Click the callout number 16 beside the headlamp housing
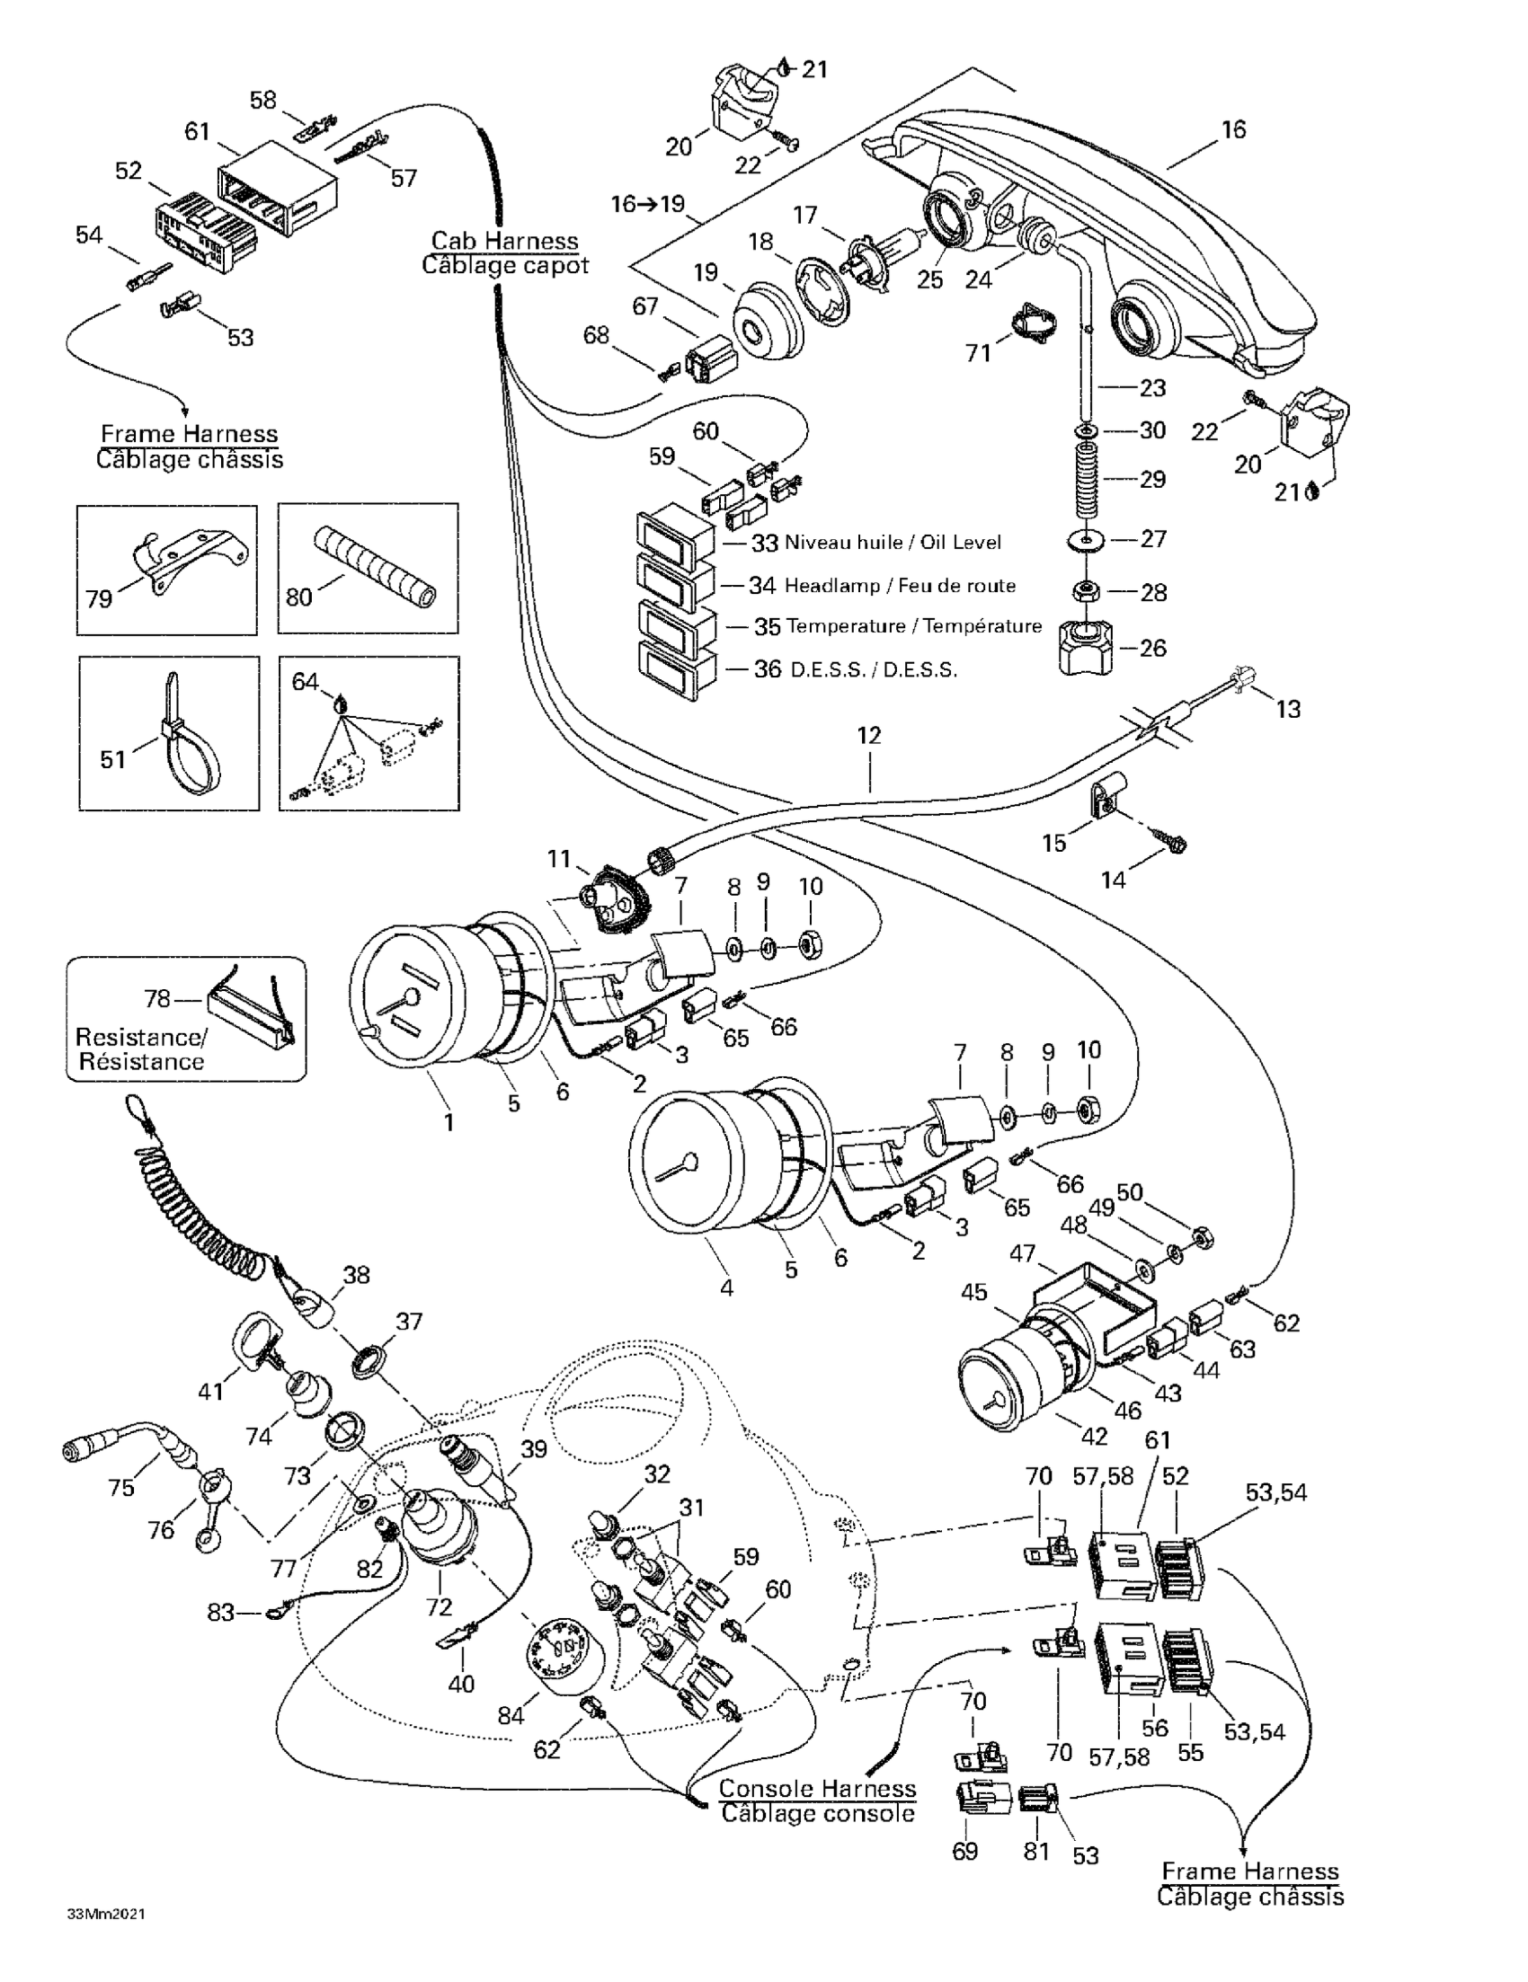click(1233, 129)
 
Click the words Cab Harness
click(504, 241)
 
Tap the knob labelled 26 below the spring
click(1084, 649)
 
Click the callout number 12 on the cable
click(869, 735)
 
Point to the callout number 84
click(511, 1715)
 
